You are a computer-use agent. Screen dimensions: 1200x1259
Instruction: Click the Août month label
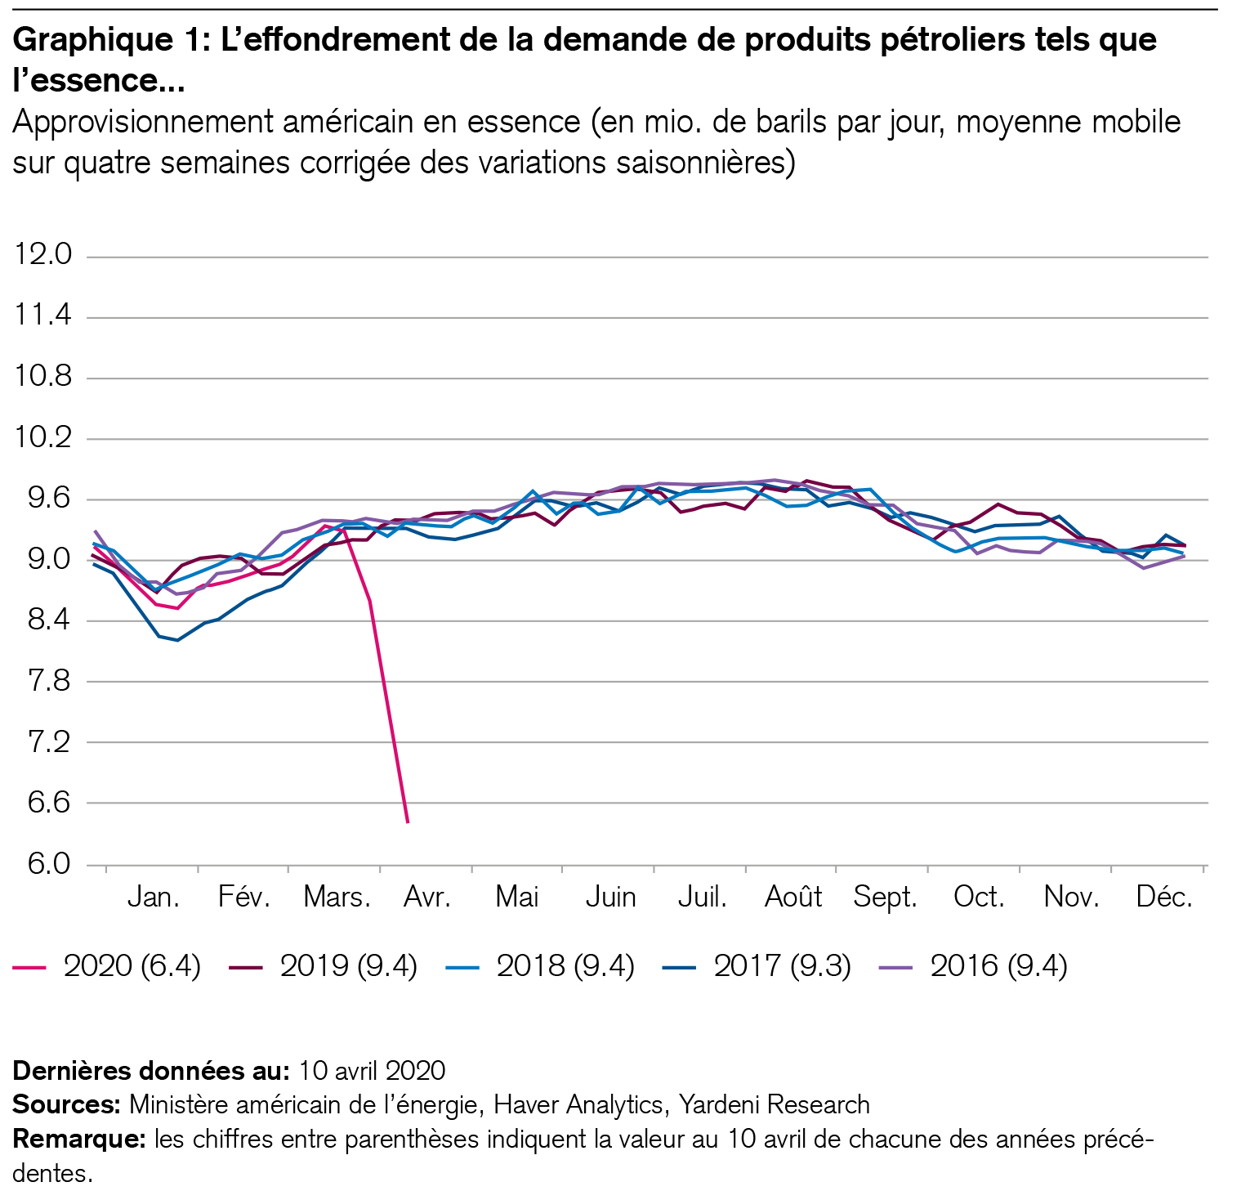pos(792,898)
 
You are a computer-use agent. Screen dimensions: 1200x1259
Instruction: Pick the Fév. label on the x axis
pos(243,898)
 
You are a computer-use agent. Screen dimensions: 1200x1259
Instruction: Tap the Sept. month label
pos(885,898)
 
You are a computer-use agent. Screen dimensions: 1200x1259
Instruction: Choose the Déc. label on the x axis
pos(1164,898)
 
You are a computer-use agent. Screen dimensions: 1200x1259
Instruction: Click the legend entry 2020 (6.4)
pos(132,966)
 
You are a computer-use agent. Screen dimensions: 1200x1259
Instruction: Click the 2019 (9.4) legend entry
pos(348,966)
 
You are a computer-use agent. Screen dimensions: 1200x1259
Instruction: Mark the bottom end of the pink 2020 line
pos(407,822)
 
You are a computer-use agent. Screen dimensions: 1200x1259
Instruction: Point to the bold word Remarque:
pos(78,1140)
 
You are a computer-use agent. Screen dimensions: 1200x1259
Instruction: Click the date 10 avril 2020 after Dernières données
pos(372,1071)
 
